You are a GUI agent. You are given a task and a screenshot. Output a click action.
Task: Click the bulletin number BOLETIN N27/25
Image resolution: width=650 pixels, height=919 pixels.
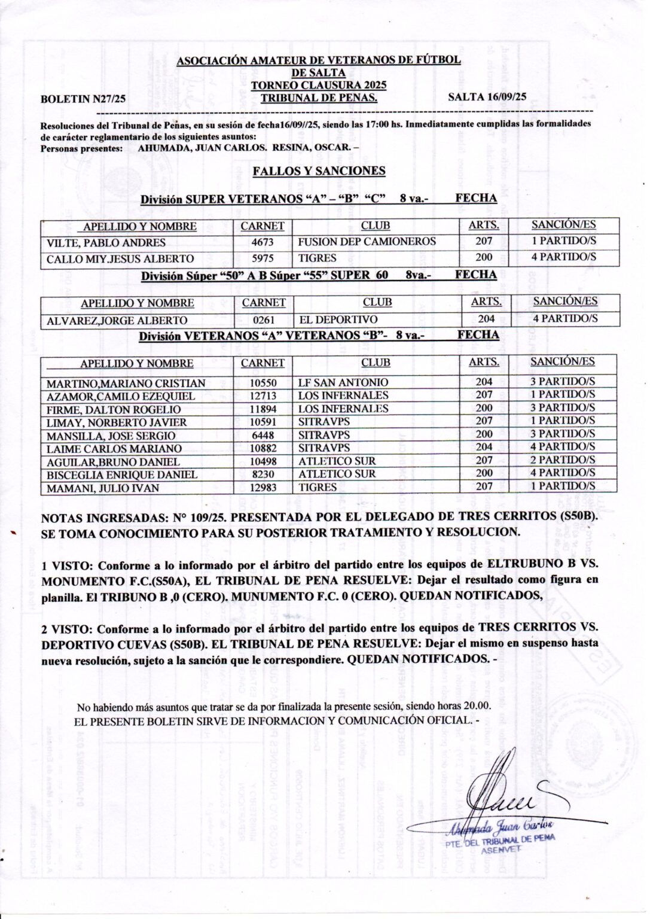tap(82, 101)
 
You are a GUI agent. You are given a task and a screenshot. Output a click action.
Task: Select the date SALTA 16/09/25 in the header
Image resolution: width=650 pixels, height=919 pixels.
tap(487, 96)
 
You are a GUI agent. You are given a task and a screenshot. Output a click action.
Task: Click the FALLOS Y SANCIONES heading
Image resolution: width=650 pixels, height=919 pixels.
tap(319, 171)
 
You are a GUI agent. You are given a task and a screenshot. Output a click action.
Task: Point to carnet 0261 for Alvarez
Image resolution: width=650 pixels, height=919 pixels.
tap(264, 320)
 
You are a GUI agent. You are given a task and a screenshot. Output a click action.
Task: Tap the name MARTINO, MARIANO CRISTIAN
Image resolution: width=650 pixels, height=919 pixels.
tap(126, 384)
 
